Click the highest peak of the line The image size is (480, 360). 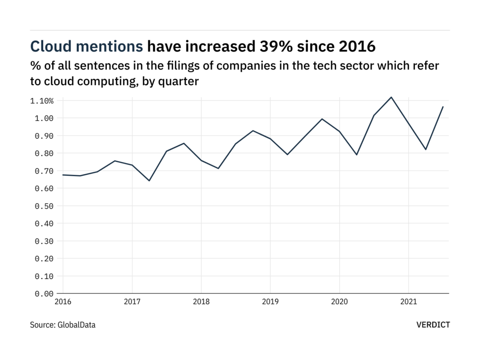tap(391, 97)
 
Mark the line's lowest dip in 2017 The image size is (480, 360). tap(149, 180)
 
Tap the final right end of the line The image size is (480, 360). tap(443, 107)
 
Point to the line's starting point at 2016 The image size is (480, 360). tap(63, 175)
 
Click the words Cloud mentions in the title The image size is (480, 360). tap(87, 46)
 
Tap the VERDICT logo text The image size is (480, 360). tap(433, 324)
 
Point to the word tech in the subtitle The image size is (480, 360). tap(318, 66)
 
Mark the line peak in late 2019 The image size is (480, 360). tap(322, 119)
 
